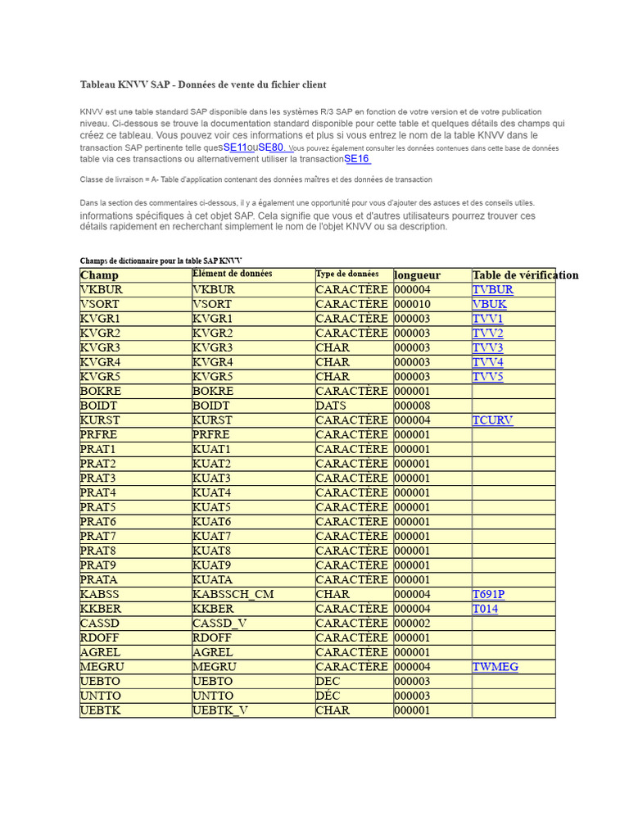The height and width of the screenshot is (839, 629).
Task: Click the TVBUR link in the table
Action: click(x=493, y=289)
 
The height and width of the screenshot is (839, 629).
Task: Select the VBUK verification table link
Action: click(x=490, y=304)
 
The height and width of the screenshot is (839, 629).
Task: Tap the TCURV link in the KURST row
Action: click(x=493, y=420)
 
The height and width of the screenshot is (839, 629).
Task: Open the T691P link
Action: click(x=489, y=594)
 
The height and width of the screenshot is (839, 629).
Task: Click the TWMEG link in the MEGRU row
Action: click(x=496, y=667)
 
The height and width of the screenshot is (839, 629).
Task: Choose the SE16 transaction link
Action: click(x=357, y=159)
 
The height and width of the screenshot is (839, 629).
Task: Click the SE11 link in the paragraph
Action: click(x=235, y=147)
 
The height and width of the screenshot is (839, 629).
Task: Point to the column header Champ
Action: click(x=99, y=275)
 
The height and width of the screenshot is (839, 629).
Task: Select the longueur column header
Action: click(x=417, y=275)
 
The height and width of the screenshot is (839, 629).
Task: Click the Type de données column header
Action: click(x=347, y=274)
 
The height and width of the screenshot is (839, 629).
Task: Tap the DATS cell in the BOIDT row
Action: click(x=331, y=406)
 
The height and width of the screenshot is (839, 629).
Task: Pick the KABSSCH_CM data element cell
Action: click(x=233, y=594)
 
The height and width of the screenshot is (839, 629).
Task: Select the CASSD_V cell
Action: click(x=219, y=624)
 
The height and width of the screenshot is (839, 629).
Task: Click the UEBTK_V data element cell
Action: click(x=220, y=710)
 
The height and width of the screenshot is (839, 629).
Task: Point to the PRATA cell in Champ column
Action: click(x=99, y=580)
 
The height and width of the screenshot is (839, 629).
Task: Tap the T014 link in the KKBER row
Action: click(x=485, y=609)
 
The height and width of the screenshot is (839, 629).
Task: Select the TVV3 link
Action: click(x=488, y=347)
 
